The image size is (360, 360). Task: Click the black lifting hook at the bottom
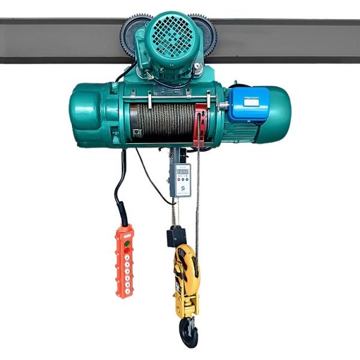coord(188,332)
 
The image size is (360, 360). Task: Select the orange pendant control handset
coord(124,260)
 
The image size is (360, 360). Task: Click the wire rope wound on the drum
coord(162,120)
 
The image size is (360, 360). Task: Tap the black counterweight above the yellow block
coord(176,236)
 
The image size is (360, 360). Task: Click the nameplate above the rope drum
coord(165,91)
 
